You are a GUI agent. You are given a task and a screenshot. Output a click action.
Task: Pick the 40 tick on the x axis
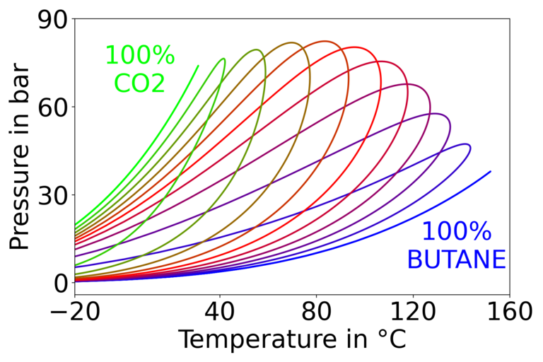click(x=219, y=310)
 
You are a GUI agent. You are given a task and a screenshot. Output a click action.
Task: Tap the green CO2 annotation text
click(x=139, y=83)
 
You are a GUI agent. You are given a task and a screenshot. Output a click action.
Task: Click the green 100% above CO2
click(x=139, y=55)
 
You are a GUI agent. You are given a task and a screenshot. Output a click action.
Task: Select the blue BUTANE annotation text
click(x=456, y=259)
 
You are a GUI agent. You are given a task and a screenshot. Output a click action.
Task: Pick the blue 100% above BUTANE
click(x=456, y=232)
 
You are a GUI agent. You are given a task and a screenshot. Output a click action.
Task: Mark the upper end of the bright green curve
click(x=198, y=66)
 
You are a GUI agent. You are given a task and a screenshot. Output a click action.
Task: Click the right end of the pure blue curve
click(x=490, y=171)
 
